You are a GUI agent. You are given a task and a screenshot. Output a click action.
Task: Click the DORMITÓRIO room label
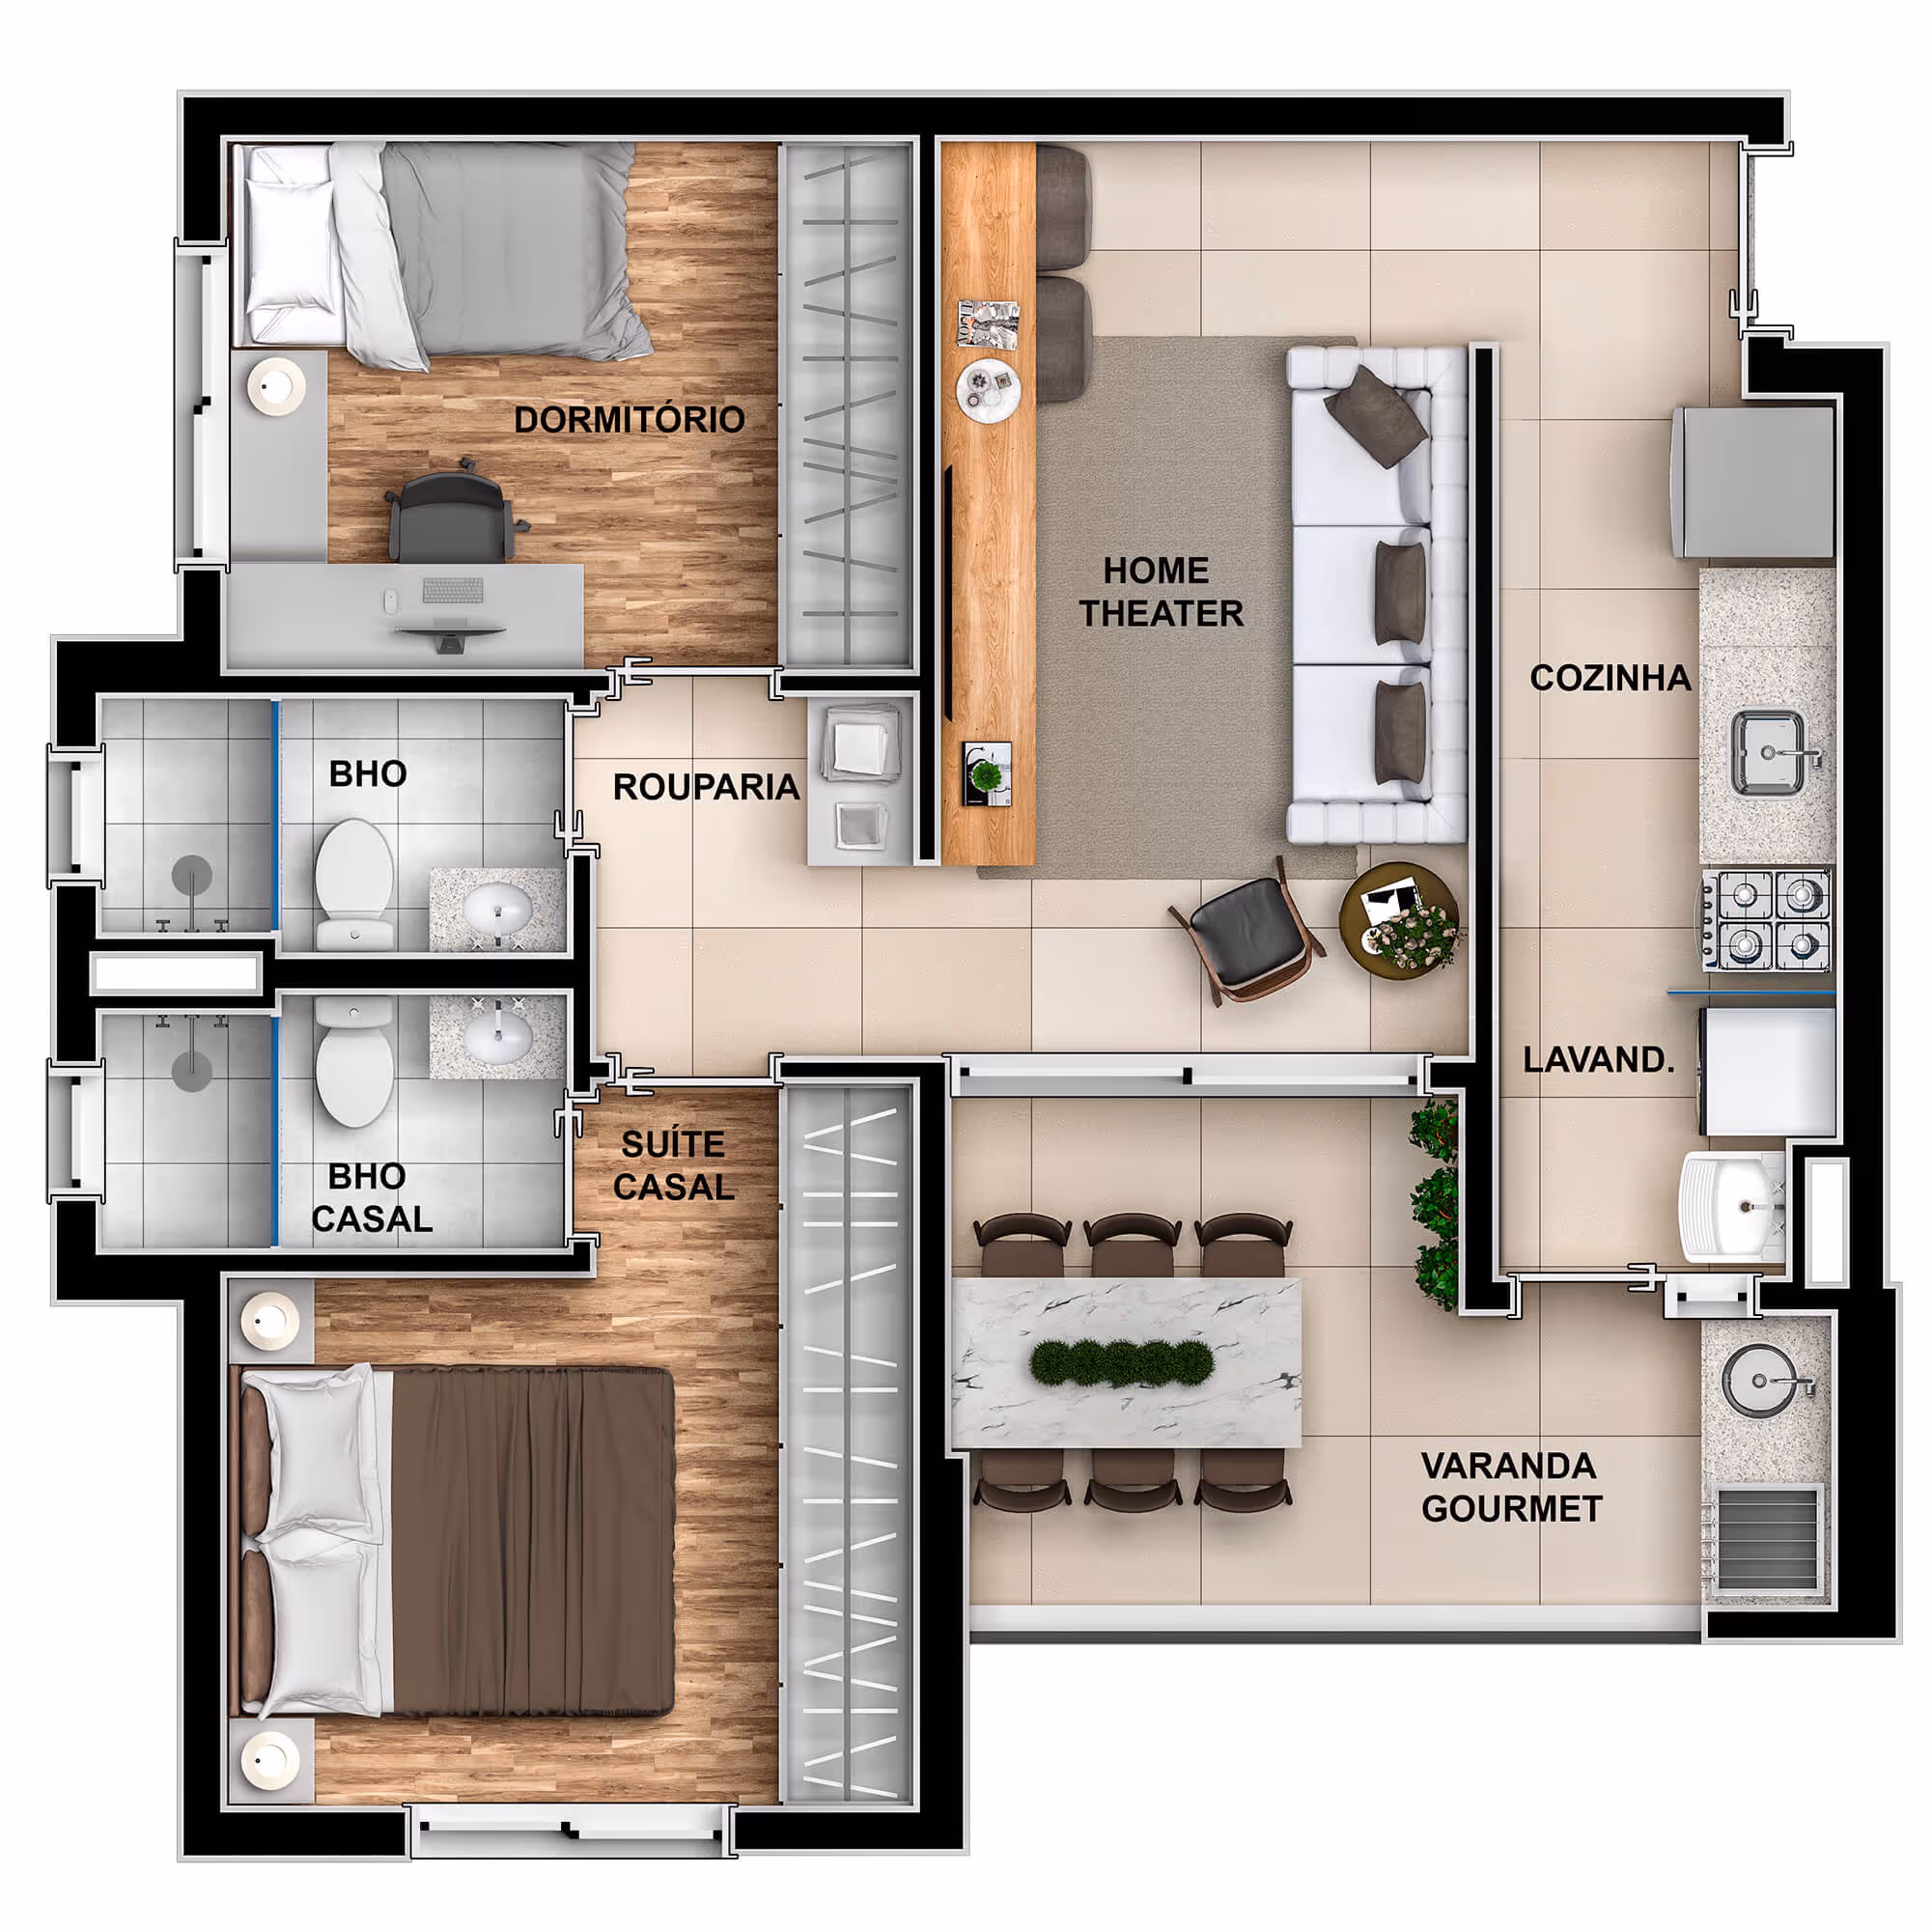point(629,420)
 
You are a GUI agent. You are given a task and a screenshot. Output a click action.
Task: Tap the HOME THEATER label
point(1160,591)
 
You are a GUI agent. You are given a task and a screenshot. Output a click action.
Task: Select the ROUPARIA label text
point(706,787)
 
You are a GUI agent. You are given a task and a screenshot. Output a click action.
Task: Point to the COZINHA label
point(1610,678)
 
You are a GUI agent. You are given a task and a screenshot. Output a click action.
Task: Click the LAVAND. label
point(1598,1059)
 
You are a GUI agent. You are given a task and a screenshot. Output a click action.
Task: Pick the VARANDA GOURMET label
point(1511,1487)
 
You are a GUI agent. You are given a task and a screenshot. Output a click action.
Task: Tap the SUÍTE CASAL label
point(674,1165)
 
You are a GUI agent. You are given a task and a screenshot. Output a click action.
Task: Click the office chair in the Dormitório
point(456,514)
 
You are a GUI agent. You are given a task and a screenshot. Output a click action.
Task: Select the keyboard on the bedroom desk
point(452,590)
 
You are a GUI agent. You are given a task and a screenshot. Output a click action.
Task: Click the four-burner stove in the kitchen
point(1768,919)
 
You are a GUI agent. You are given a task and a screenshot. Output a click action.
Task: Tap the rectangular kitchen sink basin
point(1768,753)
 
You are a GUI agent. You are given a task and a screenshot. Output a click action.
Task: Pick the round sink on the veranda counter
point(1759,1380)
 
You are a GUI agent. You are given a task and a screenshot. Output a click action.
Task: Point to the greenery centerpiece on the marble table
point(1122,1362)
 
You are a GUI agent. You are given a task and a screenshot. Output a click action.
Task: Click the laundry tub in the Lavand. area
point(1732,1205)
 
